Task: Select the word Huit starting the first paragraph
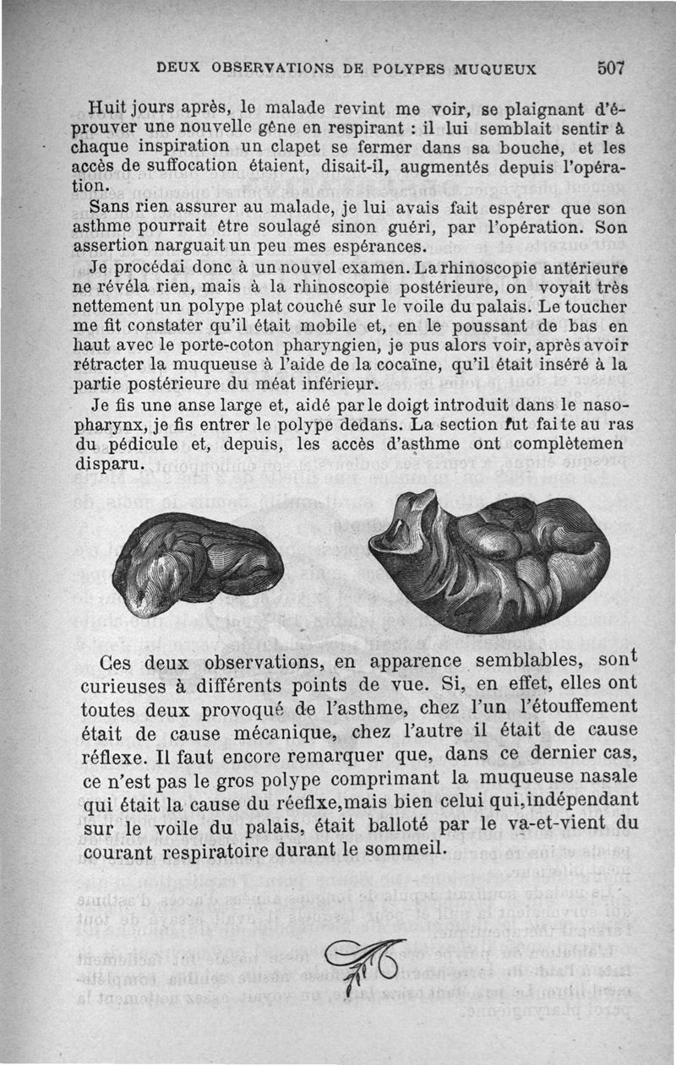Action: coord(106,108)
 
